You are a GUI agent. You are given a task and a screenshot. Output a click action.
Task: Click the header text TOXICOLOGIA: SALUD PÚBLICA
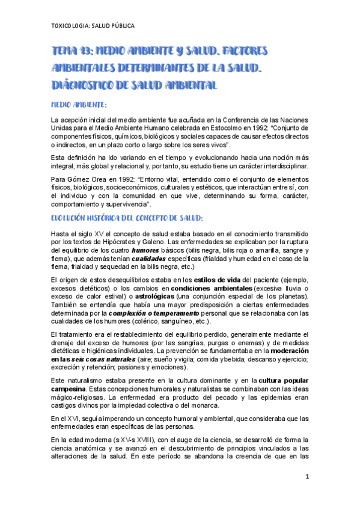(x=93, y=26)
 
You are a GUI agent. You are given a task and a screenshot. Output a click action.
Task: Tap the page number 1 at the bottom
(x=307, y=477)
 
